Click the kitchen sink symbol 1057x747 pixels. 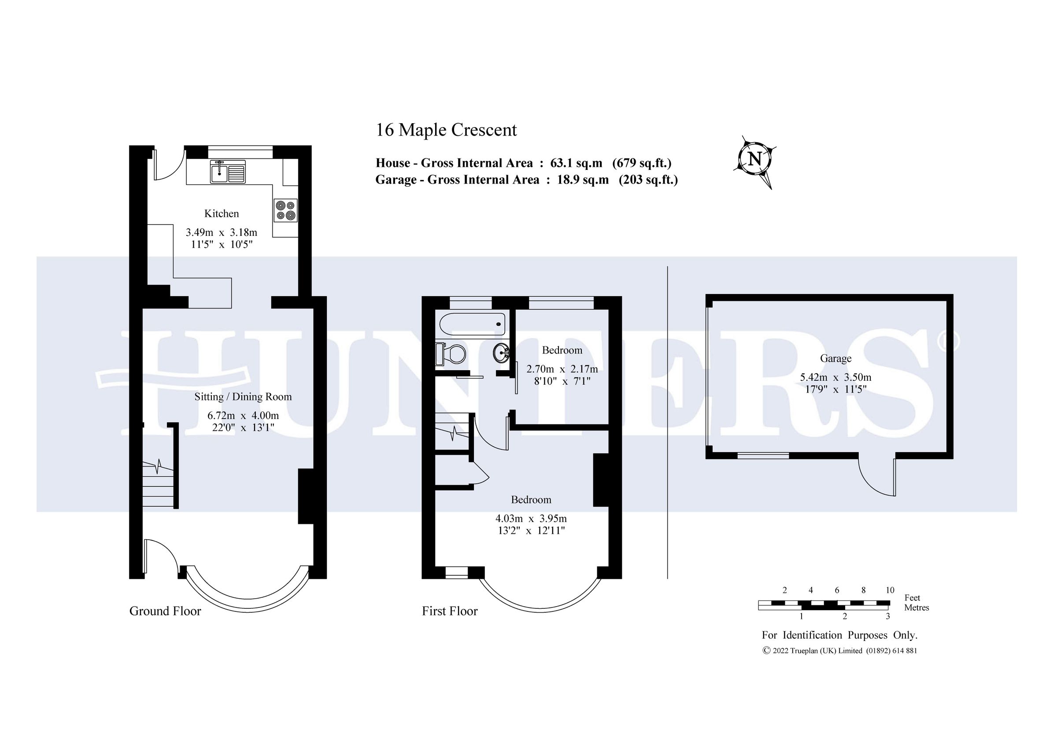[x=228, y=172]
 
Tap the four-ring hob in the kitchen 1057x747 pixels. [x=285, y=210]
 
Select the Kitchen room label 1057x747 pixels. [x=222, y=213]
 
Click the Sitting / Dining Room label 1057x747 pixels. [x=243, y=397]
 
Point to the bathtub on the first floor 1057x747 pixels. [x=472, y=324]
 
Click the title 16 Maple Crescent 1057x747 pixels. [x=446, y=130]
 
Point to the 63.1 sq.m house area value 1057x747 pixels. [x=577, y=163]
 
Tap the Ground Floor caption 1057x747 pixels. [x=165, y=611]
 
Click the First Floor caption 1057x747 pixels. [x=449, y=611]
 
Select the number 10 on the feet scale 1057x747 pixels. [x=890, y=590]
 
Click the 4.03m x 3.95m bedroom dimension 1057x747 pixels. [x=531, y=519]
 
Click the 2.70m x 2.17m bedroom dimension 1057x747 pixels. [x=562, y=369]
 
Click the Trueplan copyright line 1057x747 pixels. [x=839, y=651]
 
